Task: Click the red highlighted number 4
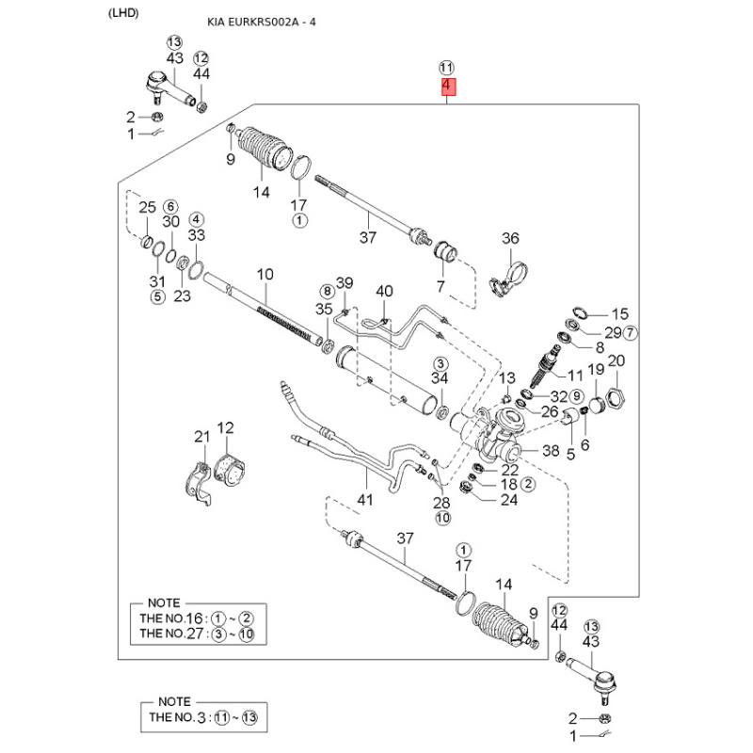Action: pos(449,87)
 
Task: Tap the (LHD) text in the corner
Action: pos(123,13)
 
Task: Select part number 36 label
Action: pos(510,238)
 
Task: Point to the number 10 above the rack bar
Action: pos(264,274)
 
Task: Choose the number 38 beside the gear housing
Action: pos(551,451)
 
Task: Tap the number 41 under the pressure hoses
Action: pos(365,500)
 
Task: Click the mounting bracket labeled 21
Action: pos(199,484)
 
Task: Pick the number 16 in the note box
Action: pos(194,618)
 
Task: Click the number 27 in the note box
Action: pos(195,633)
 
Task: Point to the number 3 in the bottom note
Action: pos(201,718)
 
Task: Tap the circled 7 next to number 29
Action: pos(631,332)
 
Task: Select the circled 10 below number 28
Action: pos(442,518)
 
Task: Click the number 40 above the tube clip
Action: pos(384,291)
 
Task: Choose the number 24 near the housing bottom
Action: pos(509,500)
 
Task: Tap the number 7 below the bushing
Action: pos(441,287)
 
